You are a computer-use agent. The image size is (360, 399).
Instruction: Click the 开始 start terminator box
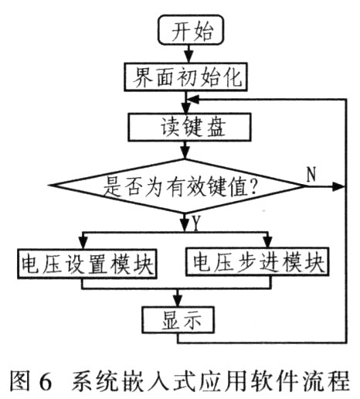click(x=190, y=29)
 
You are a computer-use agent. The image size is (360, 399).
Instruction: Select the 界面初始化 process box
click(x=185, y=77)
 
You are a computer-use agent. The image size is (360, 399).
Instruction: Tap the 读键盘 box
click(x=189, y=127)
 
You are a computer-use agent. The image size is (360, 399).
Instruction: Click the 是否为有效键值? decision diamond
click(x=178, y=186)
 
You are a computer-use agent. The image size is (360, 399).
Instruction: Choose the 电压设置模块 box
click(x=87, y=264)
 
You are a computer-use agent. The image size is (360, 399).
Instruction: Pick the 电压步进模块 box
click(x=257, y=261)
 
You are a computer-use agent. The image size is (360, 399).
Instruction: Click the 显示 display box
click(x=178, y=320)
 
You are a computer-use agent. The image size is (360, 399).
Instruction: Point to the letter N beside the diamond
click(x=311, y=174)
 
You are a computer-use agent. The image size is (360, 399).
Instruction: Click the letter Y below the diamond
click(x=196, y=223)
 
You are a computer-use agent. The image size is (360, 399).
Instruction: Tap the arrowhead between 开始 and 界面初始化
click(x=189, y=56)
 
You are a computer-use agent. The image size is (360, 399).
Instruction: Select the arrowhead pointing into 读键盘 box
click(x=185, y=107)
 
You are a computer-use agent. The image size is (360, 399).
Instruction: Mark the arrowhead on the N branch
click(x=338, y=186)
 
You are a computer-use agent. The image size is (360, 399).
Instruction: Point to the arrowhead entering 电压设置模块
click(x=83, y=243)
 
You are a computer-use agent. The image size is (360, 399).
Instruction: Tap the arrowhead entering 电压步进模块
click(x=268, y=241)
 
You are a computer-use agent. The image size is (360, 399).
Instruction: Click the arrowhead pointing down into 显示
click(x=178, y=300)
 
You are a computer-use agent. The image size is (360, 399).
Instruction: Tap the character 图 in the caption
click(x=19, y=381)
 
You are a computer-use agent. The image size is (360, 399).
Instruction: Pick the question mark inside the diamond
click(x=253, y=187)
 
